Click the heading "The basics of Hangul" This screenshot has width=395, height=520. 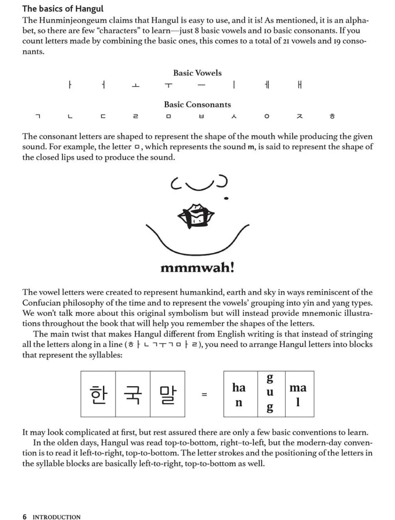point(63,8)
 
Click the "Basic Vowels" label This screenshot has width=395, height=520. point(197,73)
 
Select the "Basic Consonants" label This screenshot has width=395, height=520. point(197,104)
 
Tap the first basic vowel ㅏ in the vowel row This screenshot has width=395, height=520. point(70,85)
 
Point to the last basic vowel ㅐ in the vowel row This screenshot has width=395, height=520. point(300,85)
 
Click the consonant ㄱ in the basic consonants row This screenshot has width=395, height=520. point(38,116)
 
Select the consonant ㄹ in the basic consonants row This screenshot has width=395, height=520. point(135,116)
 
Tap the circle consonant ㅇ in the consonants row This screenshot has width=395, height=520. point(267,116)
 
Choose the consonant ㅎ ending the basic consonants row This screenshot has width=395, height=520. point(332,116)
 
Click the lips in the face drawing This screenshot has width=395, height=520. point(196,216)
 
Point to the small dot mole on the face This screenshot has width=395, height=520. point(226,198)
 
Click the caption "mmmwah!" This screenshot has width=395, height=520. point(197,268)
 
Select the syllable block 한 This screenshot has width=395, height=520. point(98,394)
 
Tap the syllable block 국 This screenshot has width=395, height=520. point(133,394)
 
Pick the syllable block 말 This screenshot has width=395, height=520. point(167,394)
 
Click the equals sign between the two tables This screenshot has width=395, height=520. point(204,394)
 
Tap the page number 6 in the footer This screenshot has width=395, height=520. point(25,516)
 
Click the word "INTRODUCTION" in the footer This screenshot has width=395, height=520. point(56,517)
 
